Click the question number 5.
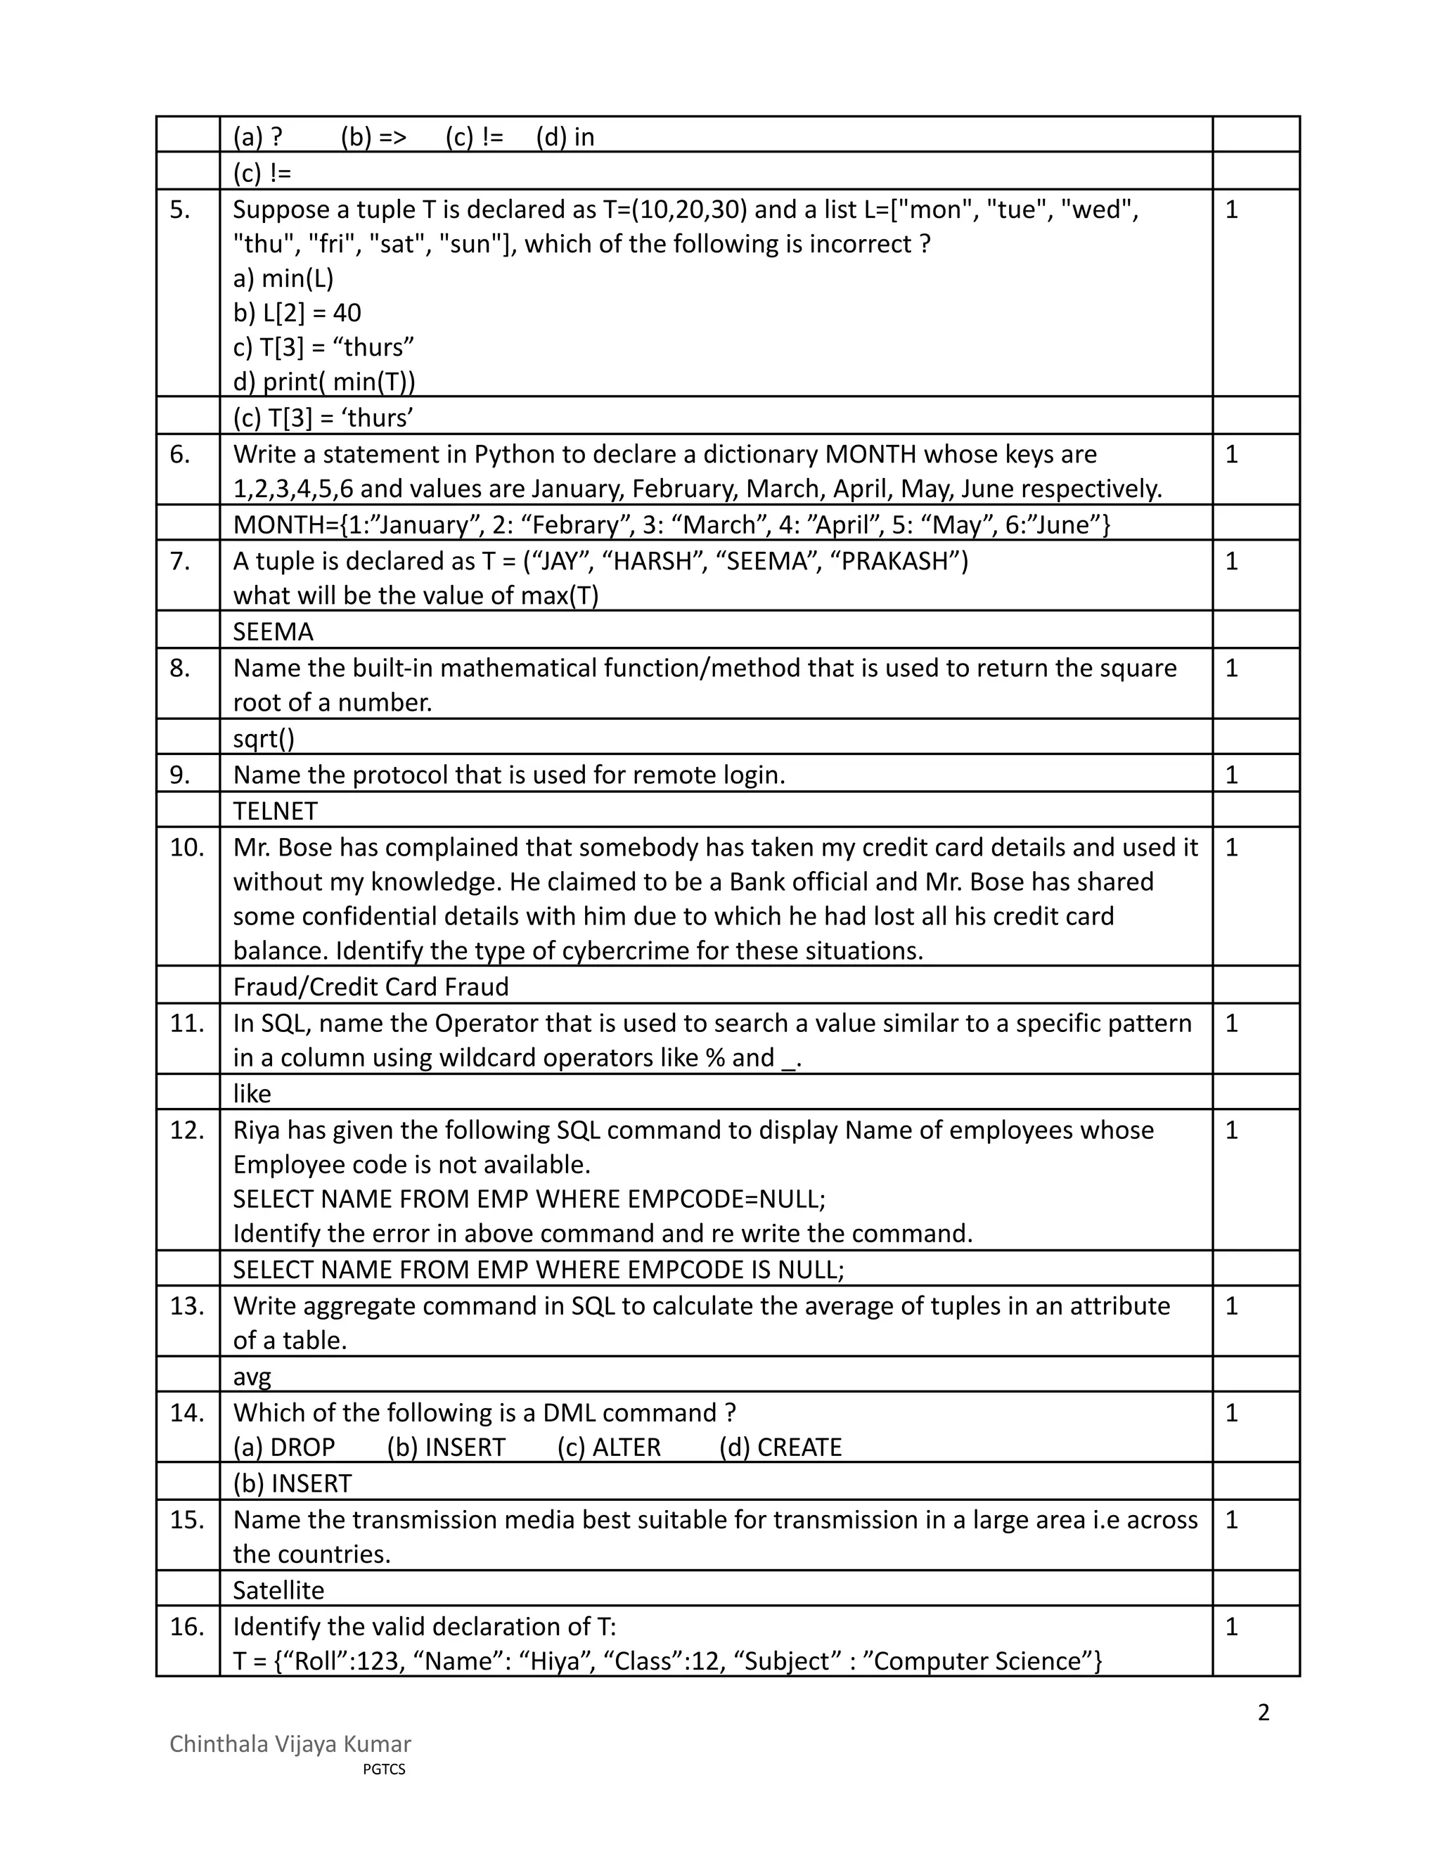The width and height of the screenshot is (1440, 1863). point(179,209)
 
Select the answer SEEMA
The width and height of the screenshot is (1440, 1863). point(273,631)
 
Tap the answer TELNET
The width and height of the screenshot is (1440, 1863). point(275,811)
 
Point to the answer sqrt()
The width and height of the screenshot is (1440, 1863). point(264,738)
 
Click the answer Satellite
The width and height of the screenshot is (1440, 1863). point(278,1590)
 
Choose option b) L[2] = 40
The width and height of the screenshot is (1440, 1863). point(297,313)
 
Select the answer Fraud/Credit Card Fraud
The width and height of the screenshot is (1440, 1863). point(371,987)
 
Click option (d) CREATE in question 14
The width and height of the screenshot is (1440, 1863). point(780,1448)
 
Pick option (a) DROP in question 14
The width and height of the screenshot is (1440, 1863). point(284,1448)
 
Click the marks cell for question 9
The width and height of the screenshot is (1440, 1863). point(1231,775)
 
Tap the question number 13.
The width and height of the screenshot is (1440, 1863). point(187,1306)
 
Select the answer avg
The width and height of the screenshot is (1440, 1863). point(252,1377)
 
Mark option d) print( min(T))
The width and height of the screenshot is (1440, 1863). point(324,381)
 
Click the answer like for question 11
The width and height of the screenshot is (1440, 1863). point(252,1094)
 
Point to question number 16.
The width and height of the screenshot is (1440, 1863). point(187,1627)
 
